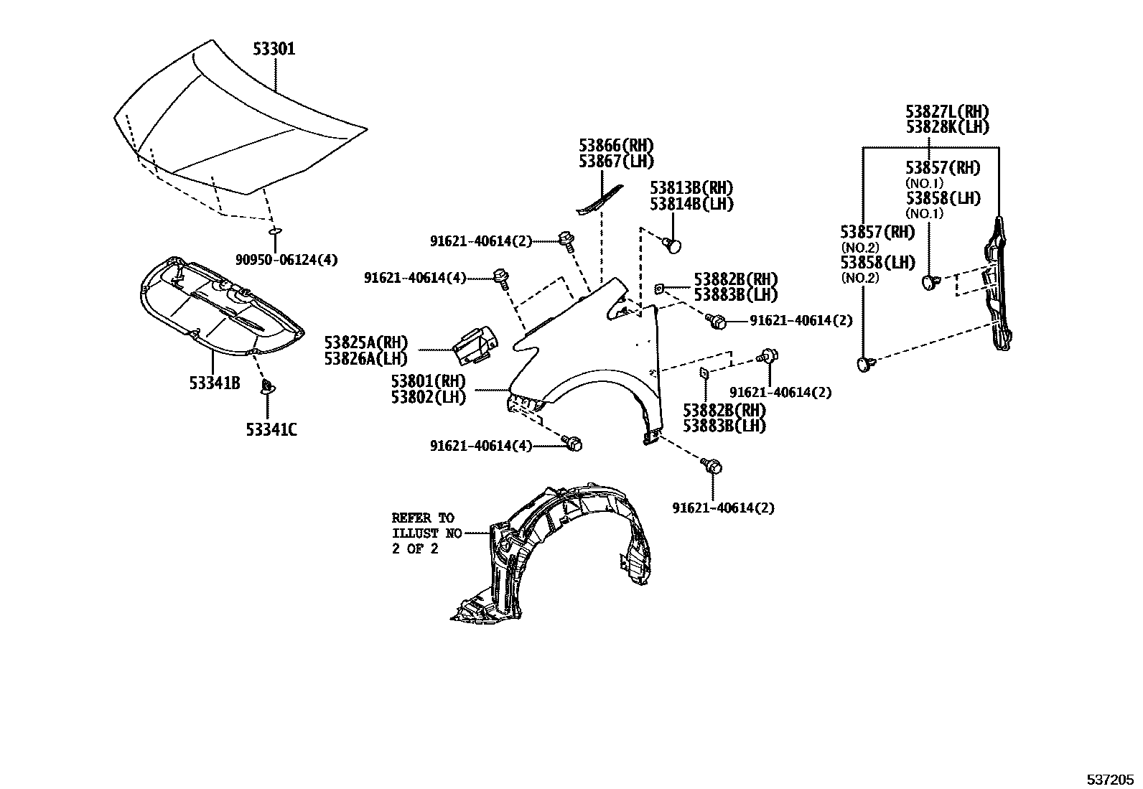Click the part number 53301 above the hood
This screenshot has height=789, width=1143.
click(274, 50)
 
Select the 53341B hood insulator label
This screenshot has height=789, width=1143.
click(214, 383)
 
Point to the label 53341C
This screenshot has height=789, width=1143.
click(271, 429)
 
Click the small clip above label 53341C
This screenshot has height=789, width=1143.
click(266, 388)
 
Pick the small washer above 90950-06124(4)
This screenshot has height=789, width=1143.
click(274, 231)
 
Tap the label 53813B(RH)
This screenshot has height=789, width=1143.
click(691, 188)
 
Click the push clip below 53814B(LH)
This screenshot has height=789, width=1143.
click(673, 246)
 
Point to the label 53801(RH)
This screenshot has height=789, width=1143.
click(428, 381)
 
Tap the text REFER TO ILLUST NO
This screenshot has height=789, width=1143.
click(423, 526)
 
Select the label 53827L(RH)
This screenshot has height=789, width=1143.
click(946, 112)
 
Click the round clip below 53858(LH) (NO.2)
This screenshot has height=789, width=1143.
click(866, 365)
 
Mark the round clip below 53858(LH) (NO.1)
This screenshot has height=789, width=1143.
click(931, 281)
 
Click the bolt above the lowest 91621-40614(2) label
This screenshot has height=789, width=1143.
click(713, 467)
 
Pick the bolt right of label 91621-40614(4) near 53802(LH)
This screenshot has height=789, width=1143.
click(573, 444)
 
